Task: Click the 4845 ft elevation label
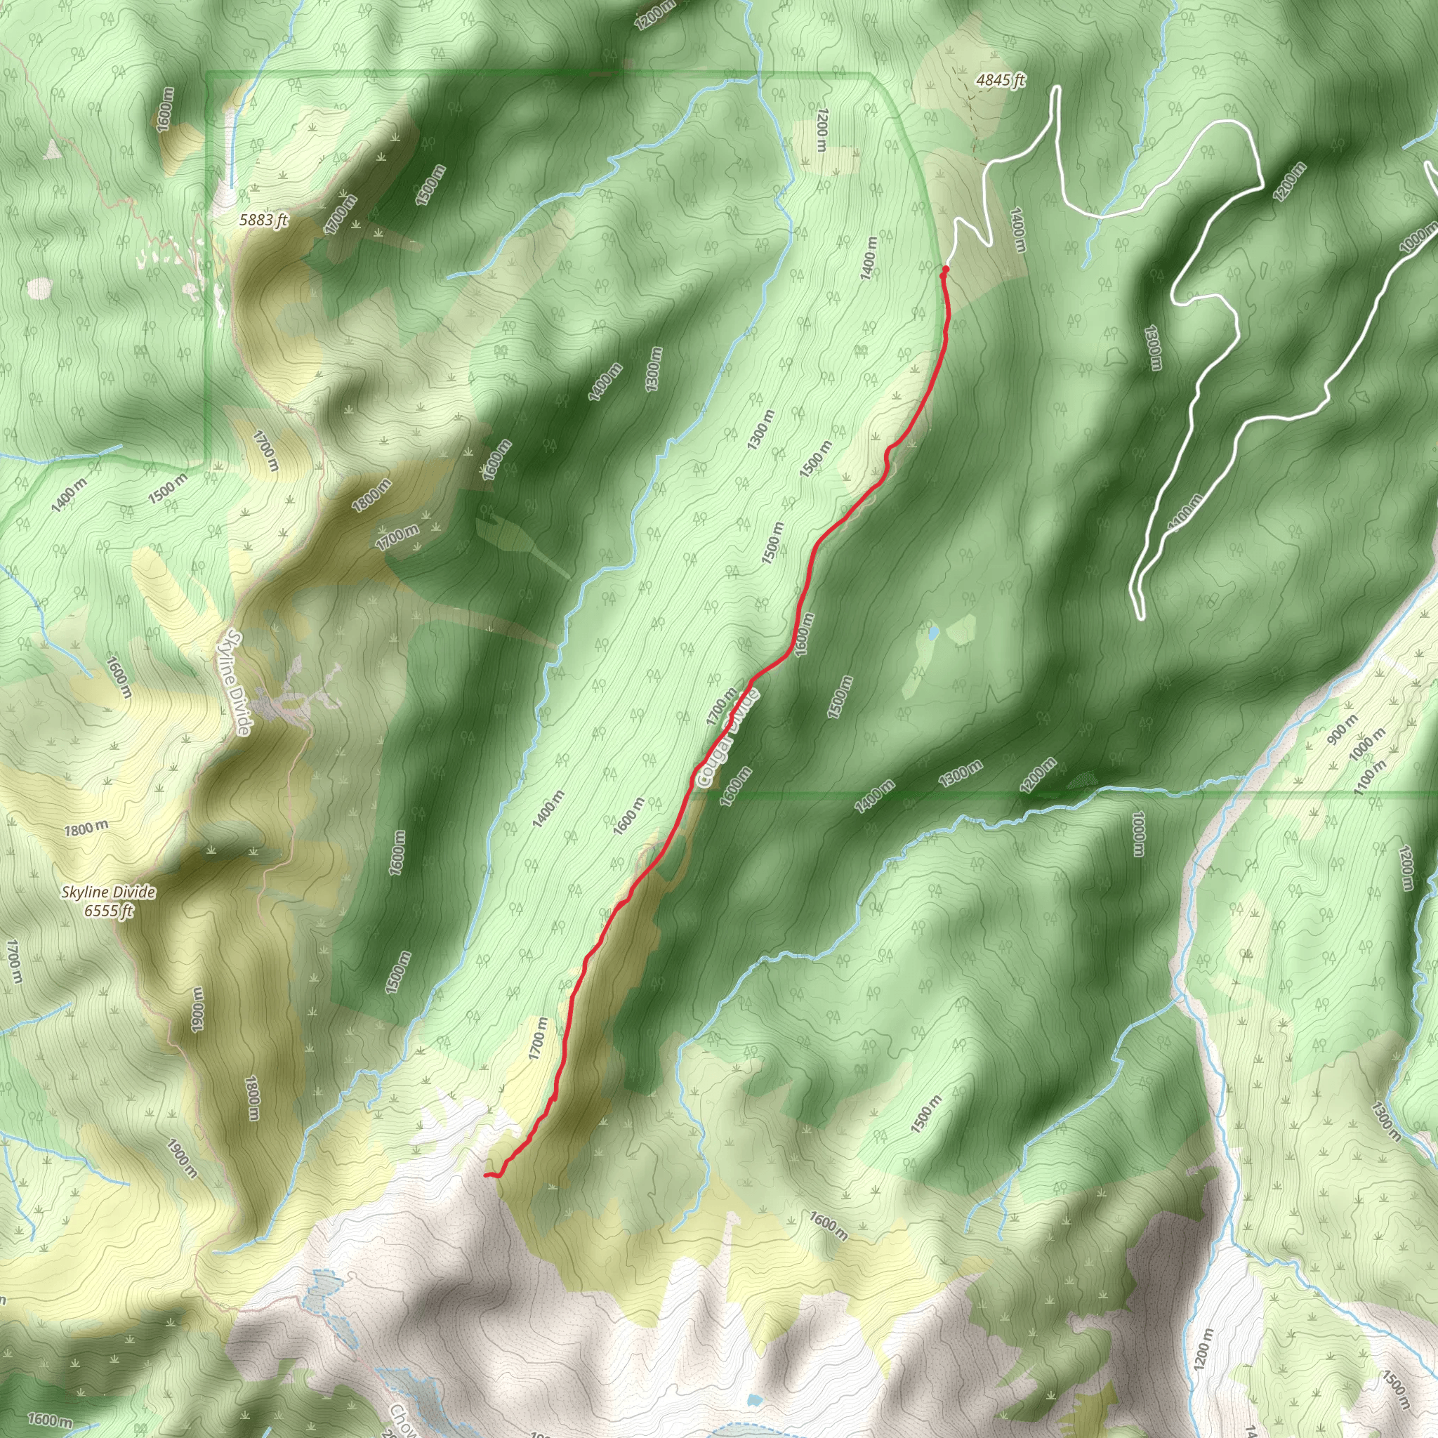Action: [1001, 79]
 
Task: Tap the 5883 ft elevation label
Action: [263, 220]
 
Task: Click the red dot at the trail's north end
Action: [945, 269]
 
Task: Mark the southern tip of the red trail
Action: [486, 1175]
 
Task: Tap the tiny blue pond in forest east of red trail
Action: [932, 633]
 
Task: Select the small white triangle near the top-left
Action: [53, 149]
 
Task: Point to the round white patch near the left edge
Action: [39, 287]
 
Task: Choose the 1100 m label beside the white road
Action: [1185, 513]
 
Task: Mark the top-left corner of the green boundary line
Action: [207, 73]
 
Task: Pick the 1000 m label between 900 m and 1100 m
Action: [1367, 744]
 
